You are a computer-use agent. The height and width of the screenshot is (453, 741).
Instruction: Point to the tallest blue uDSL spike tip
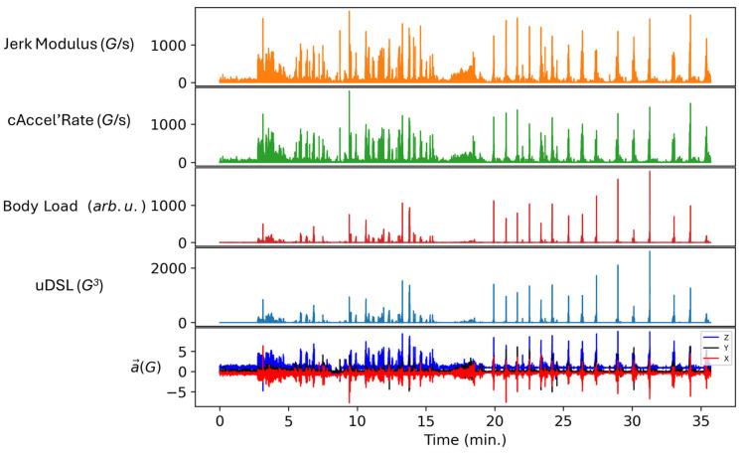tap(650, 251)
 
